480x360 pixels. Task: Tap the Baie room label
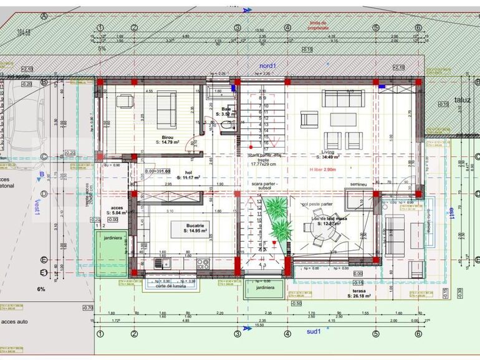pos(226,109)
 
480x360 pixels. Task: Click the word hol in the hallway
pos(188,173)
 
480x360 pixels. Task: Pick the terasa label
pos(358,291)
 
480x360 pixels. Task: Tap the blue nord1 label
pos(268,65)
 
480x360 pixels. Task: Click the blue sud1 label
pos(313,330)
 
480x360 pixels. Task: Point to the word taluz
pos(463,99)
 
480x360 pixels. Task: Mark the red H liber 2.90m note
pos(322,169)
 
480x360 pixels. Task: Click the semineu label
pos(358,185)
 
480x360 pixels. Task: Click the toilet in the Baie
pos(226,126)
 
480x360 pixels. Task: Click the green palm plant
pos(277,218)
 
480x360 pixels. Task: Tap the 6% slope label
pos(41,289)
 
